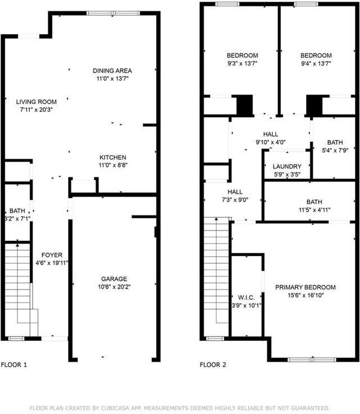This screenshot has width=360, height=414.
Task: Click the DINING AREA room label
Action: [x=112, y=70]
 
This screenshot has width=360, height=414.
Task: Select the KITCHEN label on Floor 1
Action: [x=112, y=157]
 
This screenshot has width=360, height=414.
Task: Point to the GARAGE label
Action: [x=114, y=279]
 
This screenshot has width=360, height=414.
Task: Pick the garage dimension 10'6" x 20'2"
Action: [x=114, y=287]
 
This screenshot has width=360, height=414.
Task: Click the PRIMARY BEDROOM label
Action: [x=305, y=287]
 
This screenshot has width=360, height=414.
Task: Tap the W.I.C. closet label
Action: [x=246, y=298]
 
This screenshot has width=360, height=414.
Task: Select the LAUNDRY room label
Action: [x=287, y=167]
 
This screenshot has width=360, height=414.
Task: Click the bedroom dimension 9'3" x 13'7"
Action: [x=242, y=64]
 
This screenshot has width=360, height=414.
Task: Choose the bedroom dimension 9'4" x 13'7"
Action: [x=316, y=64]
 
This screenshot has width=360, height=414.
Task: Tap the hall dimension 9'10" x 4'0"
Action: [x=271, y=142]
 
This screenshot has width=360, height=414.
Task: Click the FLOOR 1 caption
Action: [x=14, y=365]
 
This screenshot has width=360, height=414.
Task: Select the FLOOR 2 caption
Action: [x=213, y=365]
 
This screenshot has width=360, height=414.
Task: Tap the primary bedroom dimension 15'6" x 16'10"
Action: [x=305, y=295]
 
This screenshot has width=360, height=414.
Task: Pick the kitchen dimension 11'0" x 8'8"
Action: [x=112, y=165]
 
